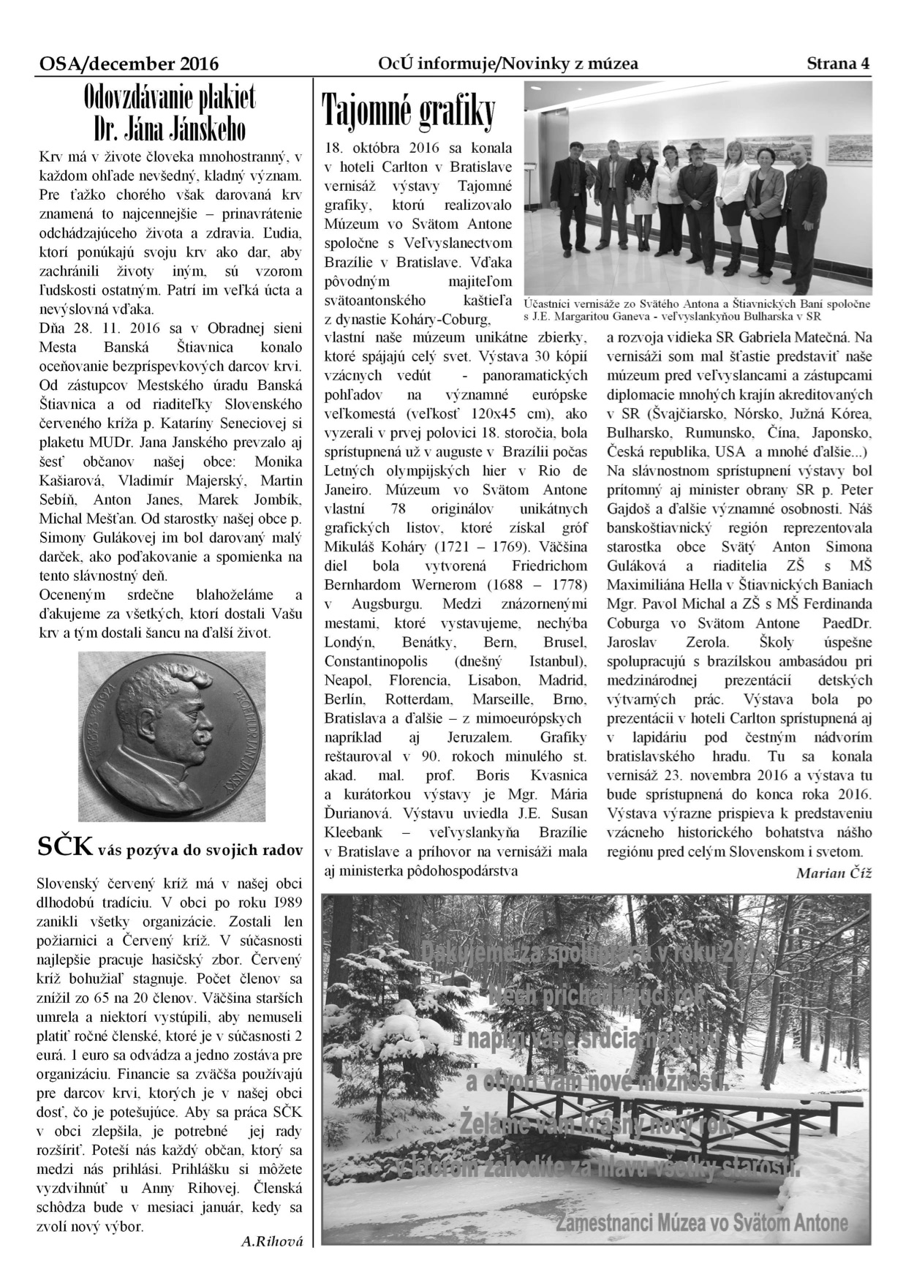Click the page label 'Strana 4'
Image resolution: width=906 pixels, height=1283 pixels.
pos(838,64)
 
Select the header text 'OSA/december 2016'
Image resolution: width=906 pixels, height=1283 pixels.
pos(129,64)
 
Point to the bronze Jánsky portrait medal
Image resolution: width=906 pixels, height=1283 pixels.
pos(171,737)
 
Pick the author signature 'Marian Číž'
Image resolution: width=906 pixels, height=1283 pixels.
pos(834,872)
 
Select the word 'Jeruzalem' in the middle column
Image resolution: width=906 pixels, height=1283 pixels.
pos(477,737)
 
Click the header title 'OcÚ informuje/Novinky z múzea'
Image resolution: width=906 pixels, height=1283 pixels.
pos(507,64)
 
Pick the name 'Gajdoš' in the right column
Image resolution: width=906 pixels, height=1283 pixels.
pos(628,508)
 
